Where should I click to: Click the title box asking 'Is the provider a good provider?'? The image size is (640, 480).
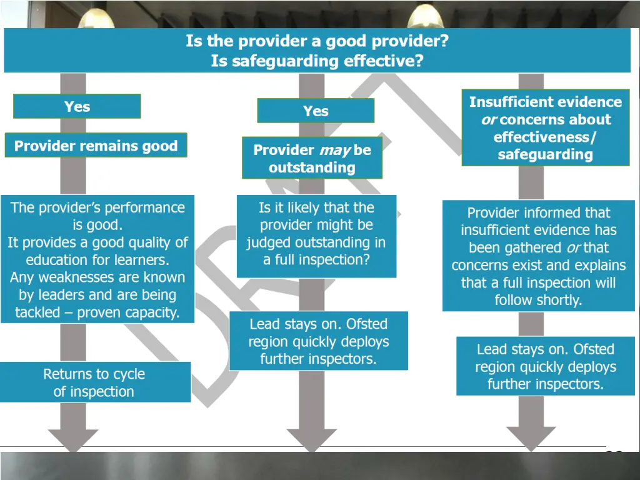pos(317,51)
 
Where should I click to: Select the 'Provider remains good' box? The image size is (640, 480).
pos(96,146)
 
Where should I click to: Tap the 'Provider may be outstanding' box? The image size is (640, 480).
pos(312,158)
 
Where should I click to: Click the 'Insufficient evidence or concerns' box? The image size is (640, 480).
pos(545,127)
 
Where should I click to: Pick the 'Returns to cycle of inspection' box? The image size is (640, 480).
pos(94,382)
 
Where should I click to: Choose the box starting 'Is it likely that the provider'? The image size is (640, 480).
pos(316,234)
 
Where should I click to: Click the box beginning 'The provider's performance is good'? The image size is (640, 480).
pos(97,259)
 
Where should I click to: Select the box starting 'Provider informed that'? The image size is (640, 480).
pos(538,256)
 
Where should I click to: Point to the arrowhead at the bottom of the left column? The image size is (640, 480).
pos(73,437)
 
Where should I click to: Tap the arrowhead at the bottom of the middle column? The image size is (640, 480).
pos(311,438)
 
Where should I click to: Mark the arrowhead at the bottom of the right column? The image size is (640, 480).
pos(531,438)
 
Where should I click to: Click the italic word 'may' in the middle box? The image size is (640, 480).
pos(334,150)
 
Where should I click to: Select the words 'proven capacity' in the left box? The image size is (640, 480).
pos(128,312)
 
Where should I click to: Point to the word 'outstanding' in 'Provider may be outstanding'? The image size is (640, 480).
pos(312,167)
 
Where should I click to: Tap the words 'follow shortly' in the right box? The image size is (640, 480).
pos(538,300)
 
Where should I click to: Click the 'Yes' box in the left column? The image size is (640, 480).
pos(77,106)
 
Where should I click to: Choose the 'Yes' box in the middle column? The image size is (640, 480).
pos(316,111)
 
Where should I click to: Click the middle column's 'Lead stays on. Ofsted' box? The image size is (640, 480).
pos(318,341)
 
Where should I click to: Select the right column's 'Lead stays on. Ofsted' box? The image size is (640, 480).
pos(545,366)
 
